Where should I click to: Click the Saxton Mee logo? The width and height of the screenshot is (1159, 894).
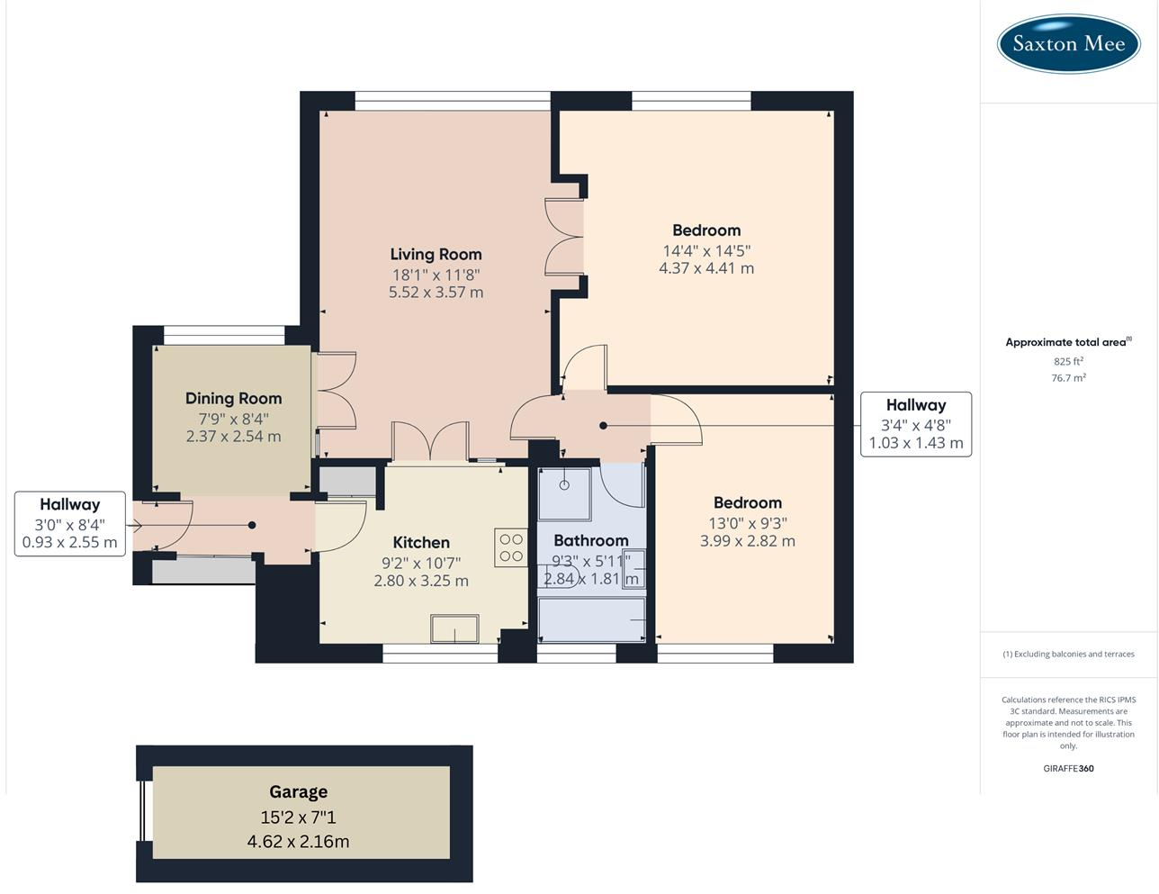(1068, 43)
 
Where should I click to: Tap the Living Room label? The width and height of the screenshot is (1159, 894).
(436, 255)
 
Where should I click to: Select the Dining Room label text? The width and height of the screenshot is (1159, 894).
(234, 398)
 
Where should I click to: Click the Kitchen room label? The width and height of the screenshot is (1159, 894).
(421, 542)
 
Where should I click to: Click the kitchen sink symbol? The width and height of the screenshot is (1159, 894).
(454, 628)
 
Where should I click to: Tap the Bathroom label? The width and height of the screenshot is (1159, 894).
(590, 540)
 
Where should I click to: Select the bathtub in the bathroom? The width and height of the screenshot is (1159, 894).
(592, 620)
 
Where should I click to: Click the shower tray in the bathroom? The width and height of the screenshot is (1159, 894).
(564, 493)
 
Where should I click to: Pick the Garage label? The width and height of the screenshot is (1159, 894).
(299, 792)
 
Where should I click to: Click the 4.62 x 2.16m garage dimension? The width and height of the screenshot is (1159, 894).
(299, 842)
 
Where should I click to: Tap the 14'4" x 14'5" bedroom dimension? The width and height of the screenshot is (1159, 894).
(706, 251)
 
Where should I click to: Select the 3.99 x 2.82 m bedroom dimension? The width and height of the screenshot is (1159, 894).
(747, 541)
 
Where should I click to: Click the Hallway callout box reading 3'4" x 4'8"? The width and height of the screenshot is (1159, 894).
(916, 424)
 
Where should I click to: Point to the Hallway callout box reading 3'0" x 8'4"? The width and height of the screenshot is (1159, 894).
(70, 523)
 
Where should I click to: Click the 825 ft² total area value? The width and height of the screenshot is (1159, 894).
(1068, 361)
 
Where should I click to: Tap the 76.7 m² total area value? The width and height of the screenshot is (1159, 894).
(1068, 378)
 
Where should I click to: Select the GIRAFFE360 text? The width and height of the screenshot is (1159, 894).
(1068, 769)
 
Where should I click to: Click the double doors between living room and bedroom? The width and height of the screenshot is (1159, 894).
(565, 237)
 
